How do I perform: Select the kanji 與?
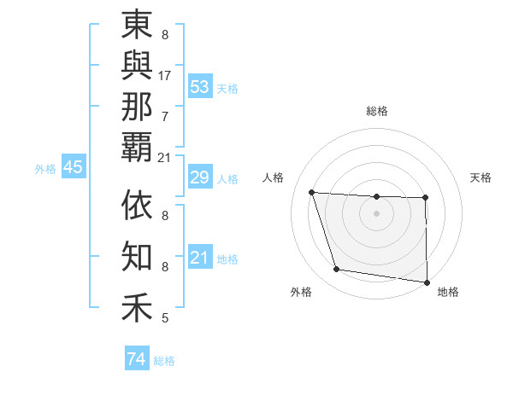[137, 67]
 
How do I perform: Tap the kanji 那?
[137, 106]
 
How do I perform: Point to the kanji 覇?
[137, 146]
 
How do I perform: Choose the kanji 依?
[137, 206]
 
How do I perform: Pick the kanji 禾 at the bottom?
[137, 306]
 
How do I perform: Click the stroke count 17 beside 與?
[165, 75]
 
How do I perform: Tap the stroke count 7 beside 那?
[165, 115]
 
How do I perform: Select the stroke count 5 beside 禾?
[165, 318]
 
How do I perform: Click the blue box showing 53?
[200, 87]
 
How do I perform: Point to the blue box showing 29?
[200, 178]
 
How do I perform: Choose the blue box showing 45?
[73, 168]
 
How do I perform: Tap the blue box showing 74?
[136, 359]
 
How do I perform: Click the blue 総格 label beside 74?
[164, 361]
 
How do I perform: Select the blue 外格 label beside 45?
[45, 169]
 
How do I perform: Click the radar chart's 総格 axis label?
[377, 111]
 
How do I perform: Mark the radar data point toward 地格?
[427, 282]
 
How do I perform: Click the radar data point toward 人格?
[312, 193]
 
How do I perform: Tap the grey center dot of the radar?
[376, 213]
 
